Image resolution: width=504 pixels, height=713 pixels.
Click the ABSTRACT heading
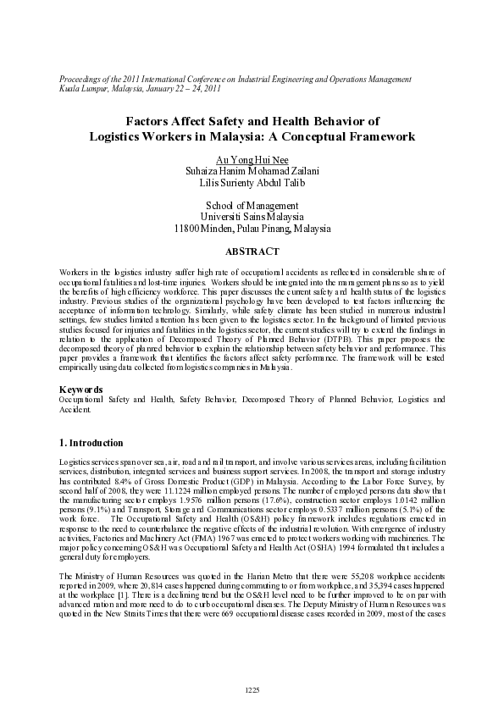(252, 251)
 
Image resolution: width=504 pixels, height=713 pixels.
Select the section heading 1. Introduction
(91, 443)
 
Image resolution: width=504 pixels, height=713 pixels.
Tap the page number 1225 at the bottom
(252, 691)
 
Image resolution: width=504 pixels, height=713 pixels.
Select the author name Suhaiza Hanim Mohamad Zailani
(252, 170)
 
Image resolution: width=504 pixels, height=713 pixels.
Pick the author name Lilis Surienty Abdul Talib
(252, 182)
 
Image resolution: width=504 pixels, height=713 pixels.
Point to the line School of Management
(252, 205)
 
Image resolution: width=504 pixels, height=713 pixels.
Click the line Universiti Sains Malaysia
(252, 217)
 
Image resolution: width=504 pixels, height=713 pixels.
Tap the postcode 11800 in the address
(187, 229)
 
